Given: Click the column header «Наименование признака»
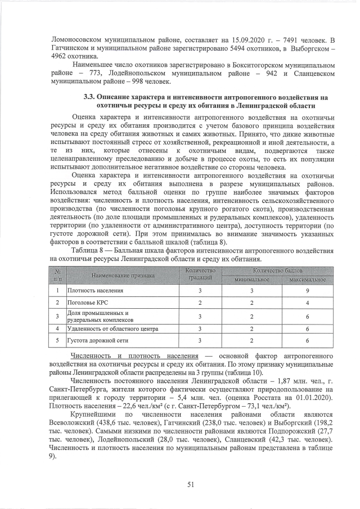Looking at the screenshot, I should coord(121,276).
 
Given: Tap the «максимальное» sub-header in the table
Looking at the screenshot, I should coord(307,280).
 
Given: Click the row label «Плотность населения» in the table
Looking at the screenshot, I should coord(92,291).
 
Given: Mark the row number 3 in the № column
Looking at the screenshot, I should coord(57,316).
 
